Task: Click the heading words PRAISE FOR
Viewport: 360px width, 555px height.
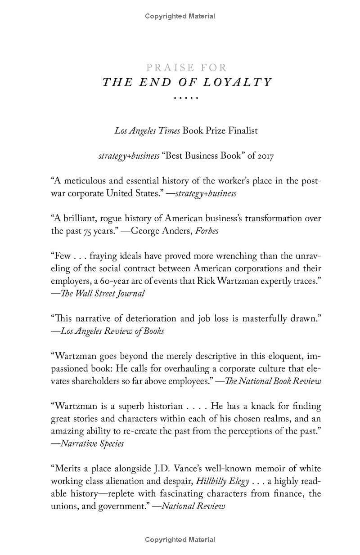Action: click(x=187, y=68)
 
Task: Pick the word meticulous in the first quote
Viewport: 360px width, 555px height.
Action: click(x=84, y=182)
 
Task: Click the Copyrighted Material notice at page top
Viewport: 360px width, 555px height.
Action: click(x=180, y=16)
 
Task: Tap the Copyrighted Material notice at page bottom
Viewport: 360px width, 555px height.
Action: click(x=180, y=540)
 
